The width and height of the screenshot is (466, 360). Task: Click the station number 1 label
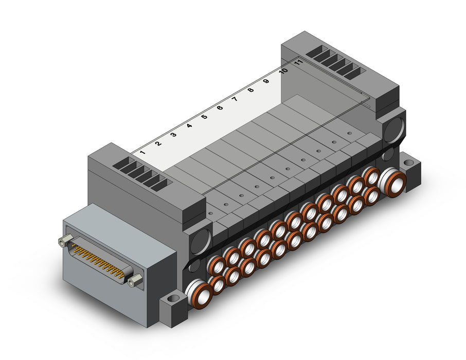tap(142, 153)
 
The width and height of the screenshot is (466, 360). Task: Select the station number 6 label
tap(220, 107)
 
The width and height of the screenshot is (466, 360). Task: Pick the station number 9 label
tap(266, 81)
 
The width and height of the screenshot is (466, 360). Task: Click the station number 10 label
tap(283, 71)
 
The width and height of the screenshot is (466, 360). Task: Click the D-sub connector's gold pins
tap(99, 260)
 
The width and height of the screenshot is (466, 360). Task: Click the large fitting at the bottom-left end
tap(199, 294)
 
